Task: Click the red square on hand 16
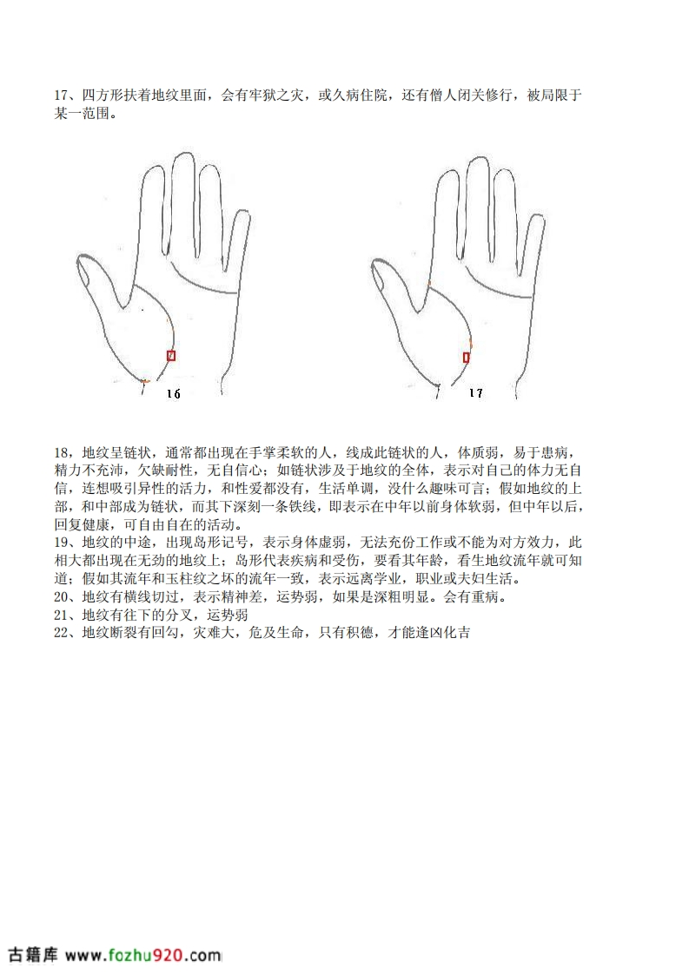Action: pos(172,355)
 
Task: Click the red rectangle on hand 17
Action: pos(467,357)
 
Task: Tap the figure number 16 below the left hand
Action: pos(174,394)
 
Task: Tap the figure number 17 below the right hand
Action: pos(476,392)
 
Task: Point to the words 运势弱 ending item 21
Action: pos(228,615)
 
